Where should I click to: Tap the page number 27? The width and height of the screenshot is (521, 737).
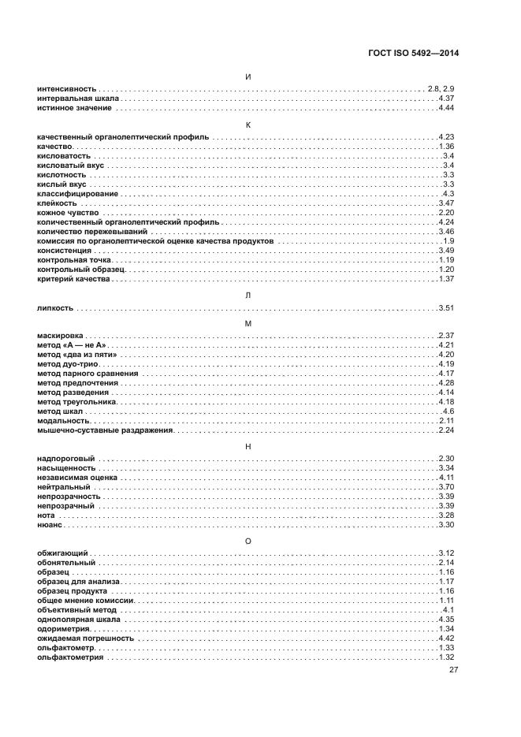click(x=454, y=670)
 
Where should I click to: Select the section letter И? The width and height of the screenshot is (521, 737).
click(x=248, y=76)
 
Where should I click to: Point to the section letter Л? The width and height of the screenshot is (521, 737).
click(x=248, y=294)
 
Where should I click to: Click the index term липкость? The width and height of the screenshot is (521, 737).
click(x=56, y=307)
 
